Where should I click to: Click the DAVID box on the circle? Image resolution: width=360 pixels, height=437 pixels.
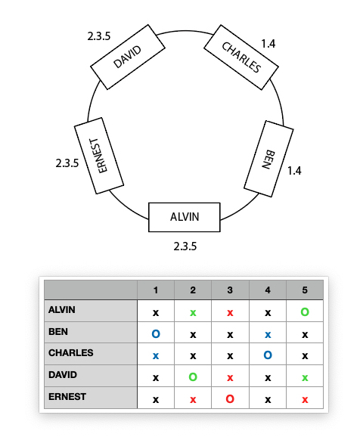point(128,57)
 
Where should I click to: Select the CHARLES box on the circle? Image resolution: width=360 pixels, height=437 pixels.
point(241,57)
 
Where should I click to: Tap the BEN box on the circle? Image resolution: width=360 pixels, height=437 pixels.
point(268,159)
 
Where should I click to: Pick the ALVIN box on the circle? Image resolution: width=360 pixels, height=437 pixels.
point(185,217)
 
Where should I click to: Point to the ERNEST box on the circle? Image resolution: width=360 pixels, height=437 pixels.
point(99,156)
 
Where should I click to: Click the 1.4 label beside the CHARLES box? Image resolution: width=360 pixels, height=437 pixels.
point(268,44)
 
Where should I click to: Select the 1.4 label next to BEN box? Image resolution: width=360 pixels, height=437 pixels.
point(294,171)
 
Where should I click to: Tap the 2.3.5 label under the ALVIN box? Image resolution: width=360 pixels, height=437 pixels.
point(185,246)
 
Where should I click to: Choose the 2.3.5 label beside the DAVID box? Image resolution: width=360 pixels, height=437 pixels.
point(99,36)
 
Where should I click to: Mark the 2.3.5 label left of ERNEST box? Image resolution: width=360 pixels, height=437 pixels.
point(67,163)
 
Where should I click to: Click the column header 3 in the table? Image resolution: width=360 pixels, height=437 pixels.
point(230,290)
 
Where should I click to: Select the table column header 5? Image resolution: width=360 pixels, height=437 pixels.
point(305,290)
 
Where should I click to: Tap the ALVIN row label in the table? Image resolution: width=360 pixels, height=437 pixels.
point(61,310)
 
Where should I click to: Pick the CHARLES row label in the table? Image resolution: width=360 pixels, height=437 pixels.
point(71,353)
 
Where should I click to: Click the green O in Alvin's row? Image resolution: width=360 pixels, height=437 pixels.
point(305,311)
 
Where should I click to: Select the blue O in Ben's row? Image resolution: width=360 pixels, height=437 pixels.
point(156,333)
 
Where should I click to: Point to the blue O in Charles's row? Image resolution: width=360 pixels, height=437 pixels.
point(268,355)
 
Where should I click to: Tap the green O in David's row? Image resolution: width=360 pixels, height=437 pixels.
point(193,377)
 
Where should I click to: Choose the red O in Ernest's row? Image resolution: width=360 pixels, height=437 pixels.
point(230,399)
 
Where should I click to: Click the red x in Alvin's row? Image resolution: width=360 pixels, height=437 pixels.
point(230,313)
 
